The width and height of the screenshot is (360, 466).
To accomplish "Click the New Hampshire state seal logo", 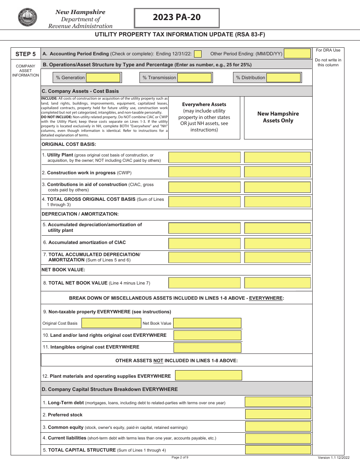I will pos(27,18).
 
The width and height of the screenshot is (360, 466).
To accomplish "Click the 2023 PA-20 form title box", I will pos(177,18).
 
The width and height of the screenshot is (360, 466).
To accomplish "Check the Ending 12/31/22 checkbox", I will pos(198,54).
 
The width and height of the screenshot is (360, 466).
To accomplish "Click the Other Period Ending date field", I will pos(297,54).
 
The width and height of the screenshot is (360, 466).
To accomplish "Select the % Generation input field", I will pos(103,78).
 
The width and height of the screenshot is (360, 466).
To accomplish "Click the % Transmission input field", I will pos(194,78).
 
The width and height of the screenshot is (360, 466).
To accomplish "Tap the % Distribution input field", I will pos(283,78).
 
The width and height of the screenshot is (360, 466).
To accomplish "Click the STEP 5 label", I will pos(25,54).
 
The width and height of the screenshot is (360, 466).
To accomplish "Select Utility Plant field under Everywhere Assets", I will pos(204,158).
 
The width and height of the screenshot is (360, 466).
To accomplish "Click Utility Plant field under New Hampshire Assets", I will pos(277,158).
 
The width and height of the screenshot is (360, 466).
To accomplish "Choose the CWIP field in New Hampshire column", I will pos(277,172).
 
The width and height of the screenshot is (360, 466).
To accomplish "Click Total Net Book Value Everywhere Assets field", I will pos(204,283).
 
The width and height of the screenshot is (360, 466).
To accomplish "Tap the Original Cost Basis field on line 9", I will pos(111,323).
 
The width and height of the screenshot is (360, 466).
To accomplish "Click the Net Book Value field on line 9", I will pos(207,323).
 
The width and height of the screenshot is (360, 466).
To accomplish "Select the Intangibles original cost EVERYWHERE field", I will pos(207,347).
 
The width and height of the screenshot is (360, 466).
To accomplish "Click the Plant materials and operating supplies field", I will pos(208,375).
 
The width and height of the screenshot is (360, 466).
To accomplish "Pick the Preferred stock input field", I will pos(278,414).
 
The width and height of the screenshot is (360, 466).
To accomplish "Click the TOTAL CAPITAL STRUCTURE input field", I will pos(278,450).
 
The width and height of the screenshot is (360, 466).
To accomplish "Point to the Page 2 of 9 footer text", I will pos(180,458).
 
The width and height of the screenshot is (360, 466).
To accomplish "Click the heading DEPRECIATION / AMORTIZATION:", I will pos(80,214).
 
